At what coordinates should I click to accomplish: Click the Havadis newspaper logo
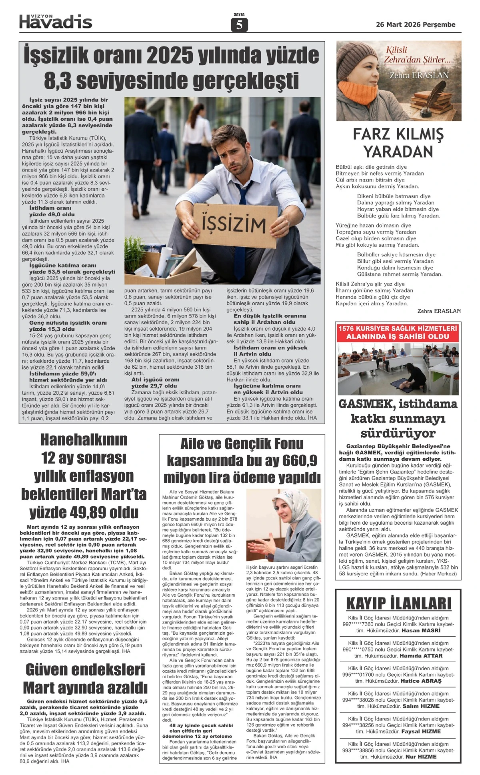[x=56, y=22]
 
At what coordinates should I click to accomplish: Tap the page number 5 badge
[x=239, y=25]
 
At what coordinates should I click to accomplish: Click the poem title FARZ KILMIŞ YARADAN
[x=398, y=143]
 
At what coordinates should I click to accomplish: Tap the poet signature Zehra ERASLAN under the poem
[x=439, y=311]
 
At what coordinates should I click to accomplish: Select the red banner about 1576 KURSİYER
[x=398, y=333]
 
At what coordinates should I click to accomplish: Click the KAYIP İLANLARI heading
[x=398, y=603]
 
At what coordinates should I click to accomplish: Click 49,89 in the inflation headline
[x=84, y=512]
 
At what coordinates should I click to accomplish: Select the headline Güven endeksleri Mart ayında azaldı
[x=85, y=679]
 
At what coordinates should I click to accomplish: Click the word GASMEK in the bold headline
[x=368, y=404]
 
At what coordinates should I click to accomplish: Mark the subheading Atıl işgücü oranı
[x=155, y=380]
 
